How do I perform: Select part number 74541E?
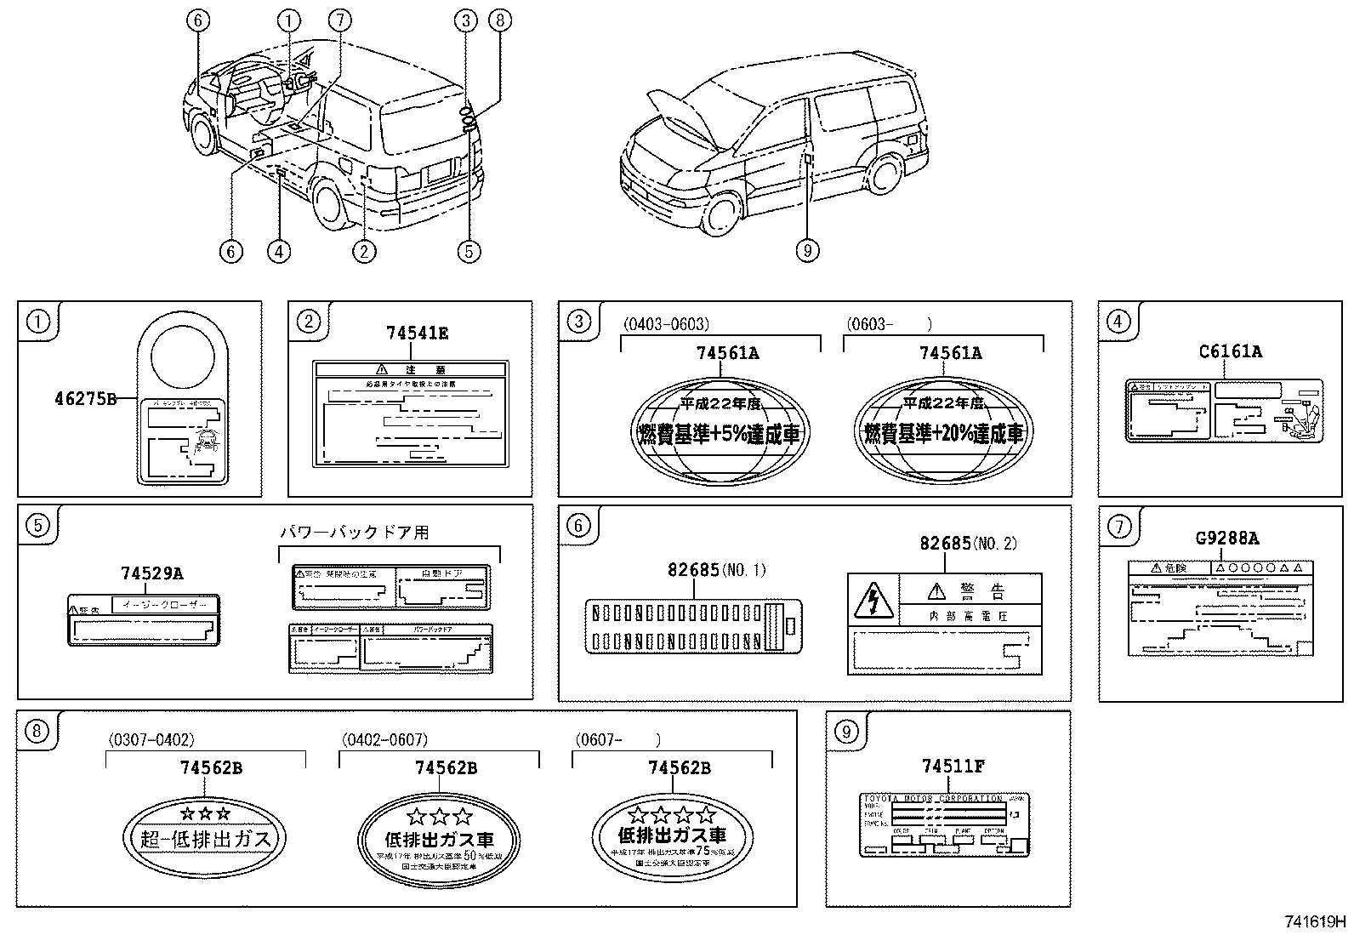(417, 334)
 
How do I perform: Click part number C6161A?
(1231, 351)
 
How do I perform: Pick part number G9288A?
(1227, 539)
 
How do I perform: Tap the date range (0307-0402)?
(151, 740)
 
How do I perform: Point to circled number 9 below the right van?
(807, 250)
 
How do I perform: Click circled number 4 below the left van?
(278, 250)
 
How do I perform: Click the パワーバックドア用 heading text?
(355, 533)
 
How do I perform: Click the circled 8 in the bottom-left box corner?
(36, 730)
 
